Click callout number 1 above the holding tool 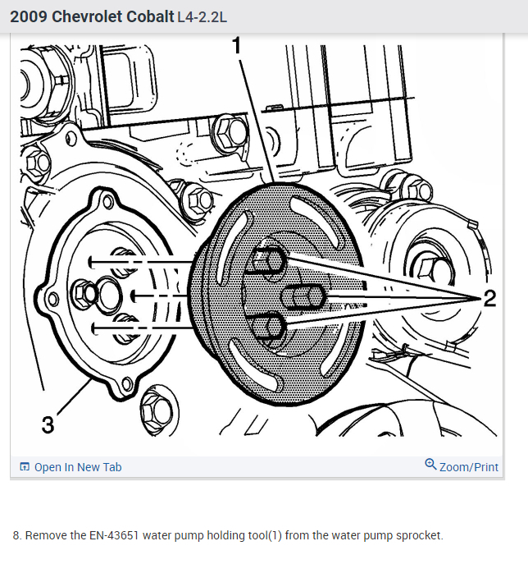(236, 45)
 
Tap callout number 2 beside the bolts (489, 298)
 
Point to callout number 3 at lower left (48, 424)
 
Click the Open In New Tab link (78, 467)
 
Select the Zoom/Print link (469, 467)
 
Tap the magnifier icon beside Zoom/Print (430, 465)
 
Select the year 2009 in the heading (29, 17)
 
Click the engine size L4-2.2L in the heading (203, 17)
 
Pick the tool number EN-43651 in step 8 (114, 535)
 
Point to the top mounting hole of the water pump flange (107, 201)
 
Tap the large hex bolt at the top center (230, 133)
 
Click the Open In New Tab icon (25, 466)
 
